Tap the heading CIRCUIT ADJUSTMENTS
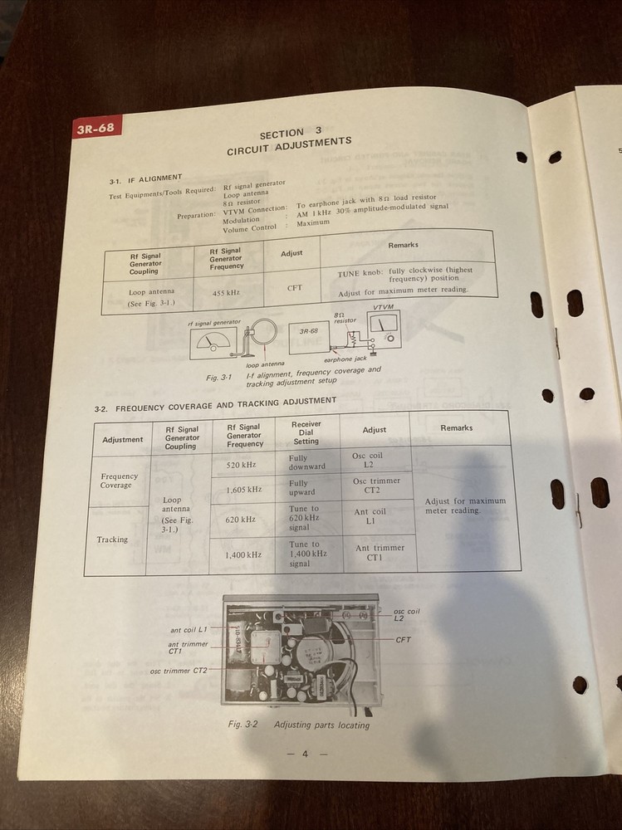289,146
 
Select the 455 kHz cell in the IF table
227,294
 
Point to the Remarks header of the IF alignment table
403,246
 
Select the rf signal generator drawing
213,343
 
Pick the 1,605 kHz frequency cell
243,490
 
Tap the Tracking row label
112,539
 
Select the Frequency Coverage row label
119,481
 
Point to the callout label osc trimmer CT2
179,670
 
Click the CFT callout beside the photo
404,640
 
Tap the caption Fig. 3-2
243,725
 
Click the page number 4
305,754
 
